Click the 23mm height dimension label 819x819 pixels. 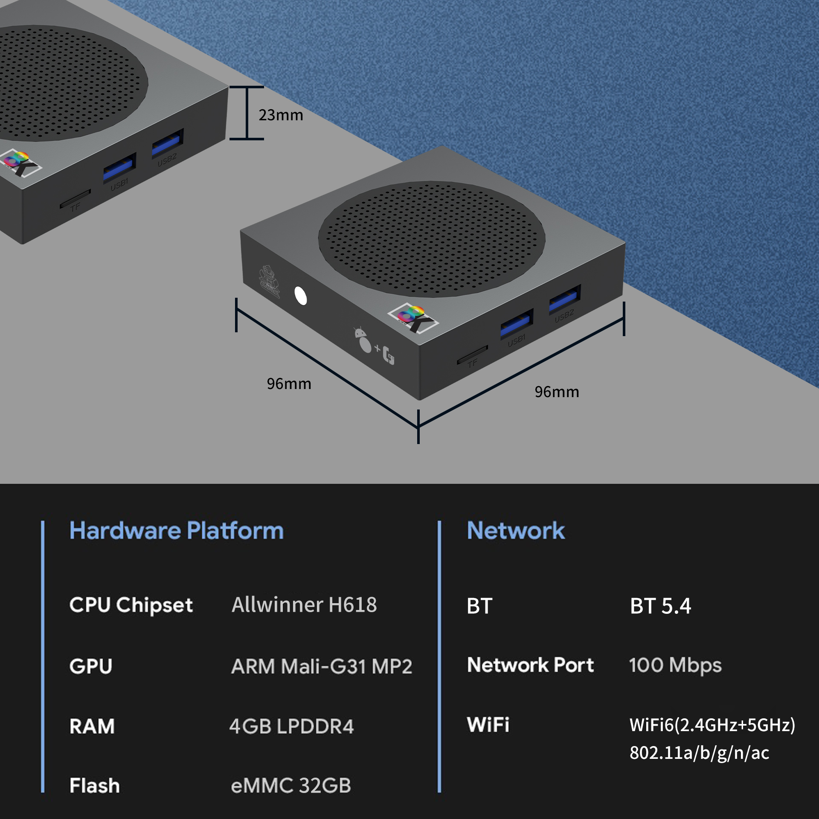click(281, 115)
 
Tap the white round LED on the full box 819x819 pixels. click(301, 296)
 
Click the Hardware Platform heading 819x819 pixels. click(176, 531)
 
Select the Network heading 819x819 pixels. click(516, 531)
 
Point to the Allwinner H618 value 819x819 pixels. click(304, 604)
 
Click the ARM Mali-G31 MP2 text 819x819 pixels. click(322, 666)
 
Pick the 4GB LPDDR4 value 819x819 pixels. click(292, 726)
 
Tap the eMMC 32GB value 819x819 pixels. click(291, 786)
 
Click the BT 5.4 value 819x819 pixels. click(660, 606)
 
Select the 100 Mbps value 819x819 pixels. click(675, 665)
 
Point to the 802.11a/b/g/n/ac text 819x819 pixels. click(699, 753)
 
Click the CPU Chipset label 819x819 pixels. click(131, 605)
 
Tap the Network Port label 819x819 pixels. click(530, 665)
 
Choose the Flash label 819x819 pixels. click(95, 786)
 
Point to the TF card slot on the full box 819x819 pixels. click(472, 355)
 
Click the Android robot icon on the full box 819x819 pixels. click(363, 340)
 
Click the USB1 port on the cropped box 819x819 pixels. click(119, 168)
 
